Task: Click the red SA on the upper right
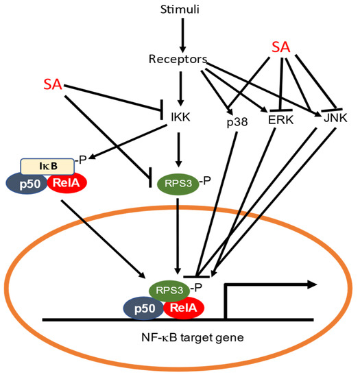[x=280, y=47]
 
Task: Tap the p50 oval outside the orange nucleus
[x=30, y=186]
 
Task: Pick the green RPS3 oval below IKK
[x=178, y=183]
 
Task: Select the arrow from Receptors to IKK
[x=180, y=89]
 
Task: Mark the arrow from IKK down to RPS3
[x=180, y=151]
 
